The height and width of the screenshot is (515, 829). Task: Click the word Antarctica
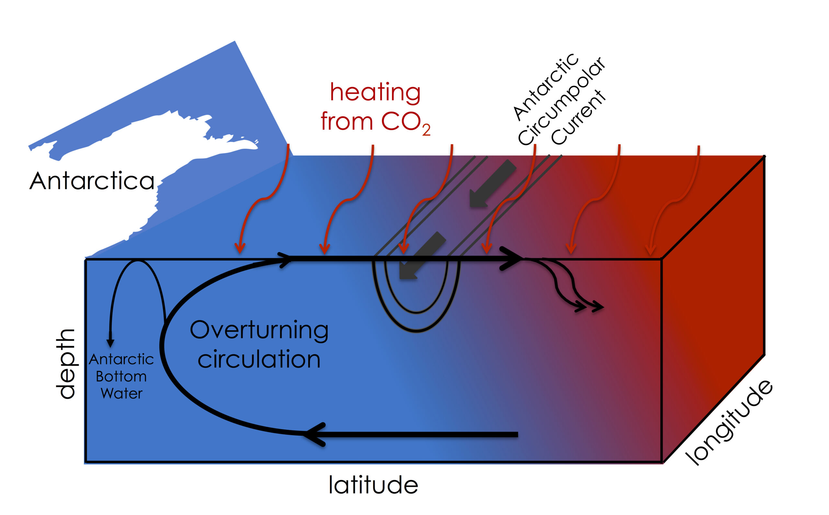(92, 181)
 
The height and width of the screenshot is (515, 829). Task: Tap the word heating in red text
(375, 93)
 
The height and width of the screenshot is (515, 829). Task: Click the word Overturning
(259, 330)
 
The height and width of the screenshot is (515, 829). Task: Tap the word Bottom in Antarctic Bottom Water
(121, 377)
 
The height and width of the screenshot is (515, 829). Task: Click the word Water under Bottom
(122, 393)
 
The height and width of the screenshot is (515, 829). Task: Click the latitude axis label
(373, 485)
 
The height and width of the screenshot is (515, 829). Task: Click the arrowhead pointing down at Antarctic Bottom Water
(110, 342)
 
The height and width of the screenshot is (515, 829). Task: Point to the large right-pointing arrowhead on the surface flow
(511, 259)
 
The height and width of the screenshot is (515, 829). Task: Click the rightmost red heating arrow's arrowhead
(651, 250)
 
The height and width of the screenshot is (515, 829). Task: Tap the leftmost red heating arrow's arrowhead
(240, 248)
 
